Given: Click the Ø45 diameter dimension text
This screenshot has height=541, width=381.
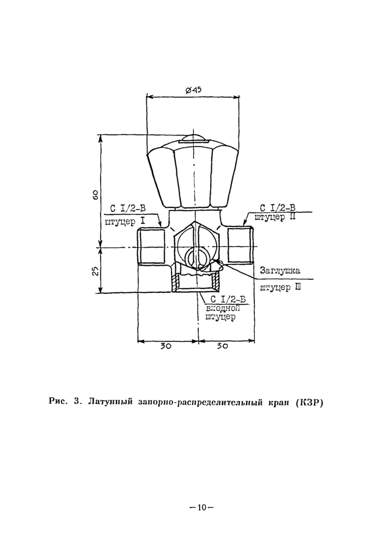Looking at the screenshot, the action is click(193, 90).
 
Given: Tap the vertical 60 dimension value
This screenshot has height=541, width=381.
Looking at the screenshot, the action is click(96, 195).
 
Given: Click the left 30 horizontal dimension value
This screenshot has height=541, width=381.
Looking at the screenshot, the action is click(166, 346).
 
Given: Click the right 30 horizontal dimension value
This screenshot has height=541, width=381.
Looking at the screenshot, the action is click(223, 346).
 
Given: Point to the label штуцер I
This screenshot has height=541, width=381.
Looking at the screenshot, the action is click(125, 221).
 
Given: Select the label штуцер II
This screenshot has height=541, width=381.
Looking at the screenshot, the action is click(275, 218).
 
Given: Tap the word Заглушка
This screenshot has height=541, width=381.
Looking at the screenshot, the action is click(280, 270).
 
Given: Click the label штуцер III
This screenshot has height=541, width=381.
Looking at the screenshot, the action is click(280, 287).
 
